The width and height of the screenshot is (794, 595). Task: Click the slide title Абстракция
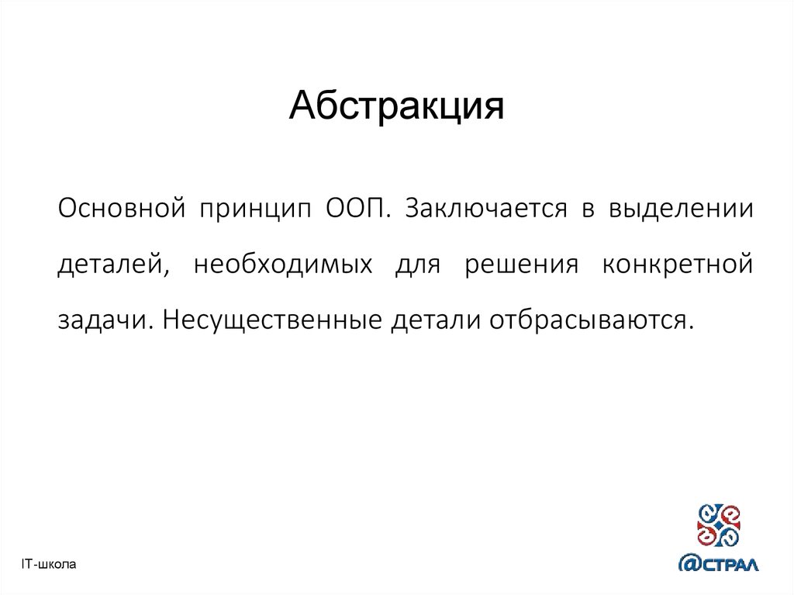click(396, 108)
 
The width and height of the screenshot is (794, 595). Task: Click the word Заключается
click(481, 209)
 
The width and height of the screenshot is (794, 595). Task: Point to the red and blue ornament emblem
click(718, 522)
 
